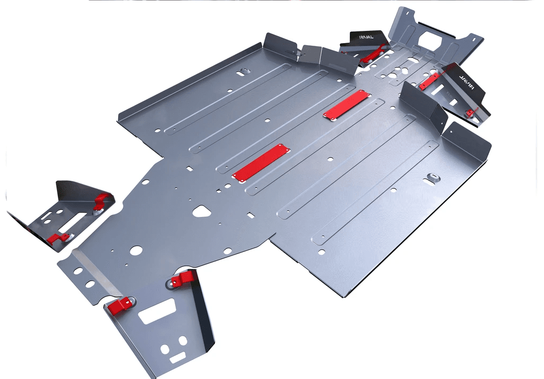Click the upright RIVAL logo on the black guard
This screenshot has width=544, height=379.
coord(367,37)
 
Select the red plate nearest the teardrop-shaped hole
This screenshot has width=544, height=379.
coord(260,162)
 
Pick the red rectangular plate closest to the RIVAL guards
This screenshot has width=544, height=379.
coord(346,105)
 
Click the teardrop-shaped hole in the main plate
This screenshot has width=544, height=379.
coord(202,211)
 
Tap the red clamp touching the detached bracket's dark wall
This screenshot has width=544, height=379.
coord(102,200)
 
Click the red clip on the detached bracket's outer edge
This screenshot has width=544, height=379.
coord(57,239)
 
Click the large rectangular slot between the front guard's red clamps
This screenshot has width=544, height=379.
coord(156,310)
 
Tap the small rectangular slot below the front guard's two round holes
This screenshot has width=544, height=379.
coord(177,359)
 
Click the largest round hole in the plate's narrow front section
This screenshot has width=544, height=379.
coord(136,250)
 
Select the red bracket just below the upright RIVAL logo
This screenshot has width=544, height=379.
coord(375,53)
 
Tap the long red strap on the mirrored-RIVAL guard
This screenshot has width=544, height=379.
coord(430,81)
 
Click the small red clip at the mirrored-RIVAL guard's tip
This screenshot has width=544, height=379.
coord(471,113)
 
